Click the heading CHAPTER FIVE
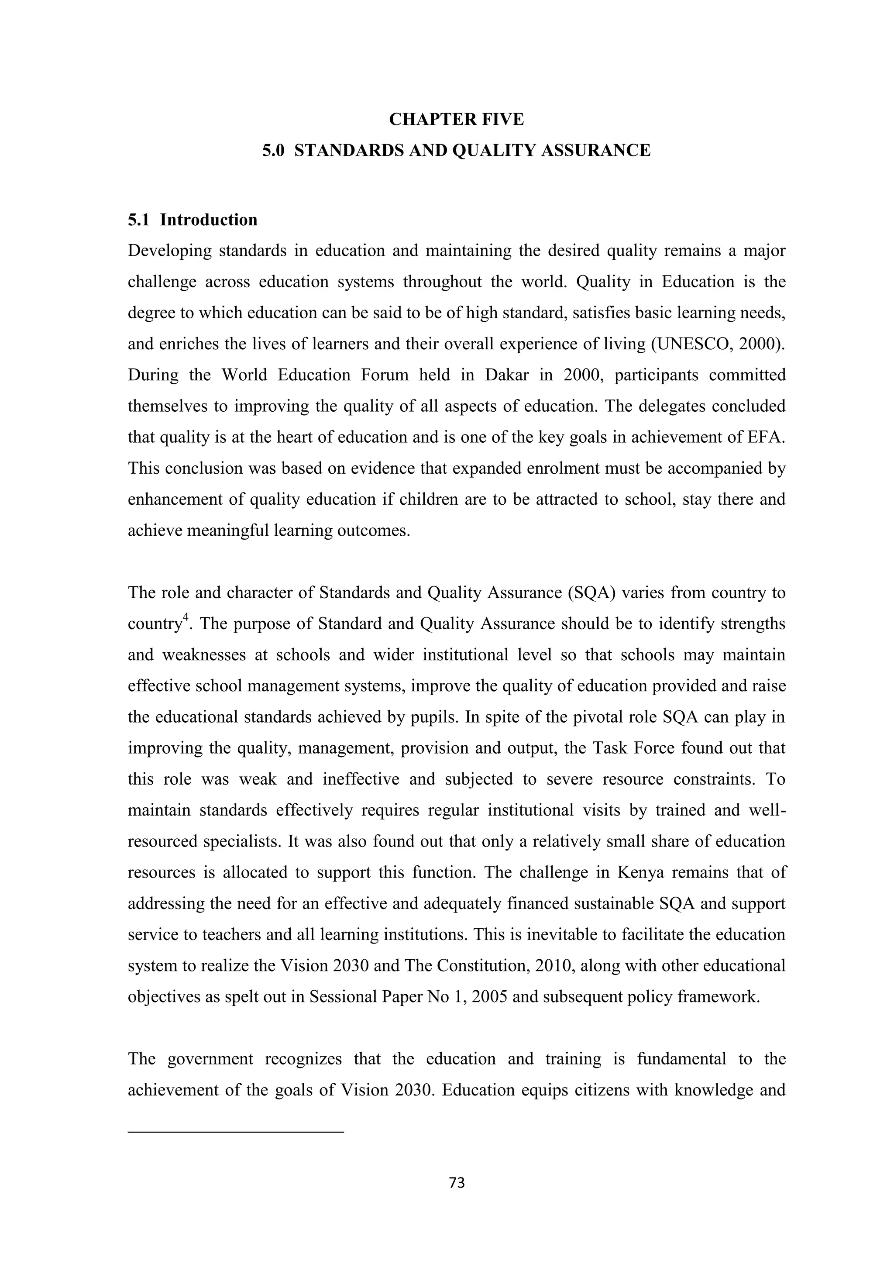pos(456,120)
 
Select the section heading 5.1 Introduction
pos(193,220)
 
